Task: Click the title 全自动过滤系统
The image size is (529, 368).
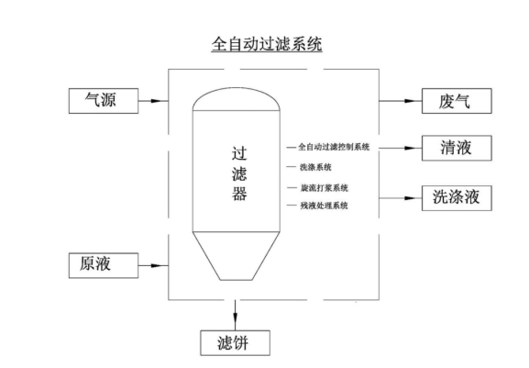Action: point(267,44)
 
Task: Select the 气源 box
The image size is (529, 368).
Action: point(104,101)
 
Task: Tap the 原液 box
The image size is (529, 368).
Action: point(104,266)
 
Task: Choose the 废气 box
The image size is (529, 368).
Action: point(457,101)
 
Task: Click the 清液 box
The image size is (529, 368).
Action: point(457,148)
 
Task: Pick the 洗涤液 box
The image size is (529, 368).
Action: point(457,198)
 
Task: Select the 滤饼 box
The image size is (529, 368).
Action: point(235,343)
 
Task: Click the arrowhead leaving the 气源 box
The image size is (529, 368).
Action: point(157,101)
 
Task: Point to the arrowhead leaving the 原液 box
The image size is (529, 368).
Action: point(157,266)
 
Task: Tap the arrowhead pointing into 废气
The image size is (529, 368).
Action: point(410,101)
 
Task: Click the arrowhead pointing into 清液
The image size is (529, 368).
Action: point(410,148)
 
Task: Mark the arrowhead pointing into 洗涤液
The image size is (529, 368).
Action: point(410,198)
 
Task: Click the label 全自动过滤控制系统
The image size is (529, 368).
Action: point(334,147)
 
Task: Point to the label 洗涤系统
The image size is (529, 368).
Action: point(315,167)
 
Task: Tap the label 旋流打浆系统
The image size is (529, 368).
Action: point(325,188)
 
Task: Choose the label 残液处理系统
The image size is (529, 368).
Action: point(324,206)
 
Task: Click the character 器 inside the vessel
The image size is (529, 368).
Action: point(239,194)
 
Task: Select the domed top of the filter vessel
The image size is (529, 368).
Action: point(237,88)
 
